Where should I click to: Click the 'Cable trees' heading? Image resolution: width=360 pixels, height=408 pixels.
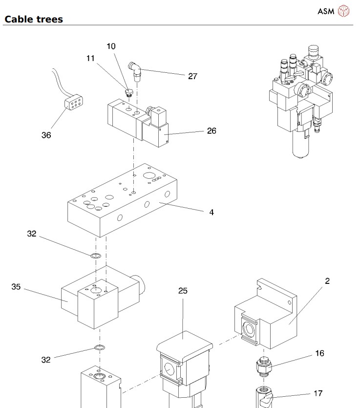click(x=34, y=20)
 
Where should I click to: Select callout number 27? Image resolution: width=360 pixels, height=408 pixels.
click(x=192, y=76)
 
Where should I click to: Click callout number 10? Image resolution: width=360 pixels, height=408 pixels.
click(x=111, y=46)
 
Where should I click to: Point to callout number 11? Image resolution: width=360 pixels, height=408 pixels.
click(x=90, y=58)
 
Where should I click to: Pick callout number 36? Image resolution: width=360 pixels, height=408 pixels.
click(x=45, y=135)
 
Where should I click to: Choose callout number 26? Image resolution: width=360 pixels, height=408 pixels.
click(x=211, y=130)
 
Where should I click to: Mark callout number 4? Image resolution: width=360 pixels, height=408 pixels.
click(x=212, y=212)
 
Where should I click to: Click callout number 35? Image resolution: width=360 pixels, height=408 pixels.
click(x=16, y=287)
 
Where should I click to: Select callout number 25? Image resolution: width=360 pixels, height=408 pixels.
click(x=183, y=291)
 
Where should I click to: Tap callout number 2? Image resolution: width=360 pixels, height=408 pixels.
click(x=327, y=280)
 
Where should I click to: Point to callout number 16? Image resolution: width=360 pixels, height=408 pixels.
click(x=319, y=353)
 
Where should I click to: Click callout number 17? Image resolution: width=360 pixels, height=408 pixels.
click(x=318, y=392)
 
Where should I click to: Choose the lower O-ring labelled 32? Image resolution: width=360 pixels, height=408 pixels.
click(x=99, y=348)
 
